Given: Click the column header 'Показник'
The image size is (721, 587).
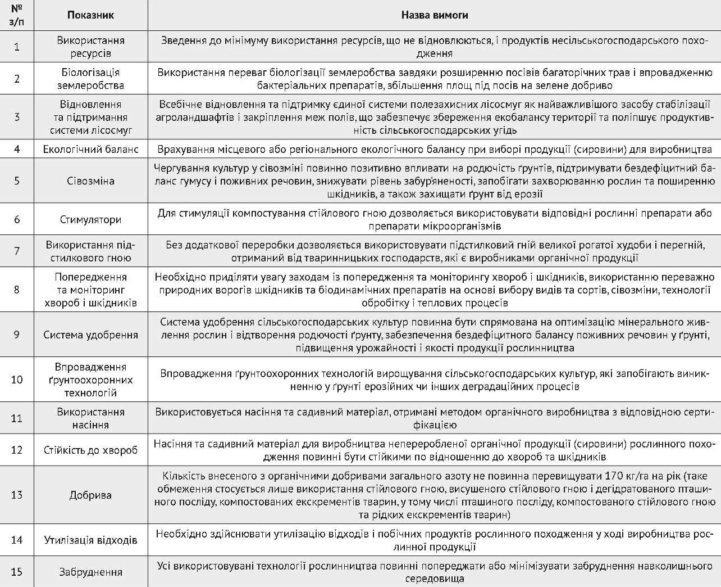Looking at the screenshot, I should pyautogui.click(x=90, y=15).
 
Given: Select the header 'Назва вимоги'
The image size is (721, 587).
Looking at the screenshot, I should pyautogui.click(x=434, y=15).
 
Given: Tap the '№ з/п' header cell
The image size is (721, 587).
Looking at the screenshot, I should pyautogui.click(x=17, y=15).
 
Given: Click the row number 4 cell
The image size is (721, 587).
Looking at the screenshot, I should pyautogui.click(x=17, y=149).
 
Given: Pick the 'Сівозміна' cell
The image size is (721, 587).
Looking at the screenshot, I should pyautogui.click(x=90, y=180).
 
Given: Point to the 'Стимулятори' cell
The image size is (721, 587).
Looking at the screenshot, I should pyautogui.click(x=90, y=219).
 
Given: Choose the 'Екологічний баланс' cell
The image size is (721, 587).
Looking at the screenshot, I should pyautogui.click(x=90, y=149).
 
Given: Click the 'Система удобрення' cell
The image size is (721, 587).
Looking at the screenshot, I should pyautogui.click(x=90, y=335).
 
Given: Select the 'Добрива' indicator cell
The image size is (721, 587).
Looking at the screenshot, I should pyautogui.click(x=90, y=495).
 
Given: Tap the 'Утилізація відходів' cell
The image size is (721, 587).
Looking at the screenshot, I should pyautogui.click(x=90, y=540).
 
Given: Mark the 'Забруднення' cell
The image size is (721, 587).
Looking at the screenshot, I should pyautogui.click(x=90, y=572).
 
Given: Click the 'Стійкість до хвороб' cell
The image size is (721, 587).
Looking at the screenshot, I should pyautogui.click(x=90, y=450).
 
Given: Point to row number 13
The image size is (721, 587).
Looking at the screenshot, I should pyautogui.click(x=17, y=495).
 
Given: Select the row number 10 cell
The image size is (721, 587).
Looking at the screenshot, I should pyautogui.click(x=17, y=380).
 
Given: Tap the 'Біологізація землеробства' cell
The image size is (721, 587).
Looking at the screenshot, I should pyautogui.click(x=90, y=79).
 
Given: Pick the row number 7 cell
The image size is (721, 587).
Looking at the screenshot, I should pyautogui.click(x=17, y=251).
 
